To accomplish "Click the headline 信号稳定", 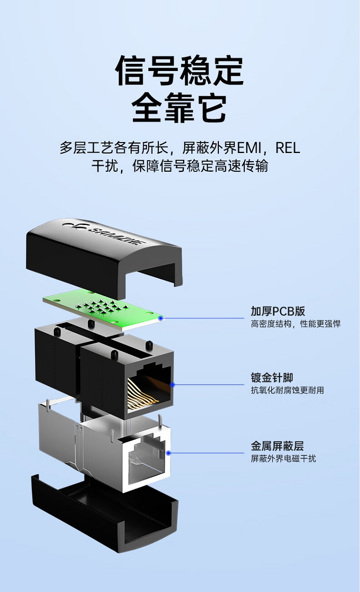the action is click(180, 71).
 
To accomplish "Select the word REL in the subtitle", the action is click(288, 147).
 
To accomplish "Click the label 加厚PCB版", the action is click(278, 311).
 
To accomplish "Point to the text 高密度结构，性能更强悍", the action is click(296, 324).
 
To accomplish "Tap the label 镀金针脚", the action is click(272, 378).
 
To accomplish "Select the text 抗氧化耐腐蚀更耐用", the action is click(288, 390).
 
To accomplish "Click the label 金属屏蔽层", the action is click(277, 446).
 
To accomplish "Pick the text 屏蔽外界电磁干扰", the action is click(283, 459).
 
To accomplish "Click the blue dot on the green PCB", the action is click(160, 318).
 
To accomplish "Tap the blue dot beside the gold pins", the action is click(173, 385).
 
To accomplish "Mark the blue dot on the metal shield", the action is click(168, 453).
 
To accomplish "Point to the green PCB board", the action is click(104, 310).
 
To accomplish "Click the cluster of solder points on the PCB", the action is click(101, 307).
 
